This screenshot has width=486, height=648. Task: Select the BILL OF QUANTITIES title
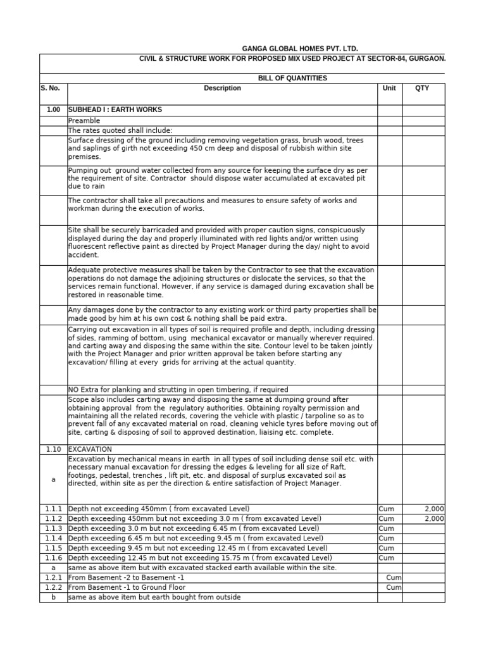[292, 78]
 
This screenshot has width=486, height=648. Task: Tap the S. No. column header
[49, 89]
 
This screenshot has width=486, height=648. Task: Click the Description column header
[222, 89]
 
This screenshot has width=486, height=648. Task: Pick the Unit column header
[389, 89]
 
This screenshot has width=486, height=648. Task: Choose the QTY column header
[421, 89]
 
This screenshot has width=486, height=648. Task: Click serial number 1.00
[53, 110]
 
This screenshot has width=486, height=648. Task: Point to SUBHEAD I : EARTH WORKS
[109, 110]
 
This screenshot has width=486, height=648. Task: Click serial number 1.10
[53, 449]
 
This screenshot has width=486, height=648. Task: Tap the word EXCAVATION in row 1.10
[90, 449]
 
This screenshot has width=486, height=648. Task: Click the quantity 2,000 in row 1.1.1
[434, 509]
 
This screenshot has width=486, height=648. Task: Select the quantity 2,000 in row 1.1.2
[434, 518]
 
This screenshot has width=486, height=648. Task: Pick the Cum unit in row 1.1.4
[386, 539]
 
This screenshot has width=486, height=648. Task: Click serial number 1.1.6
[53, 558]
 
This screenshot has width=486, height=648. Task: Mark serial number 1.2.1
[53, 578]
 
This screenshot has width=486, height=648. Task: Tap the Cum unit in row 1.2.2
[394, 588]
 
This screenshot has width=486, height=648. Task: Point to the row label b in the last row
[53, 597]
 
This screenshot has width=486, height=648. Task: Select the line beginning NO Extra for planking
[178, 390]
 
